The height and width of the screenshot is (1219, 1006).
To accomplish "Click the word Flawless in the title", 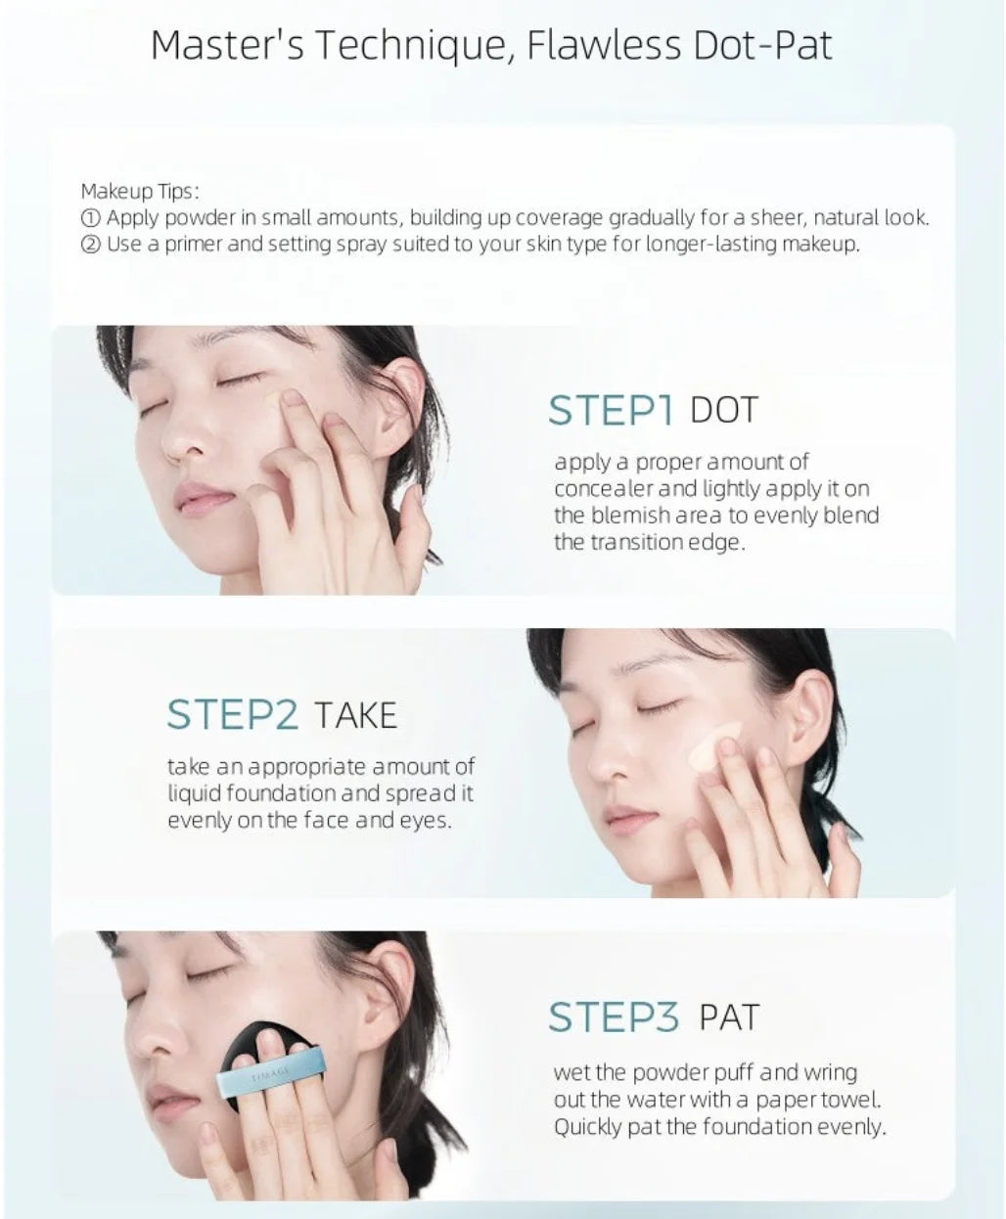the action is (x=604, y=46).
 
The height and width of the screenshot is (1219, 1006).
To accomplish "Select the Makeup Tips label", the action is (x=140, y=192).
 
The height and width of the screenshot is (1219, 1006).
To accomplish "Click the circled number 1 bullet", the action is (x=90, y=218).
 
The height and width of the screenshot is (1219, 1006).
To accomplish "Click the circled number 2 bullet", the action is (x=90, y=245).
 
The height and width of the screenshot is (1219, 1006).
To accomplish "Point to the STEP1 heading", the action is (x=611, y=410).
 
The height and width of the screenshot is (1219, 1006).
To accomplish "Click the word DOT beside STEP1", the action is (x=724, y=410).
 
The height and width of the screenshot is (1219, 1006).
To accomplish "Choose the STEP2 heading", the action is (x=233, y=714).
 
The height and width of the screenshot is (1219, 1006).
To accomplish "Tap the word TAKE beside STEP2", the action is (x=356, y=715).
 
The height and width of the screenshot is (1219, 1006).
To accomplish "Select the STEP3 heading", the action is (x=615, y=1017).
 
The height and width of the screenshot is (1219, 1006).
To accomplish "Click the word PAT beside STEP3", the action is (x=729, y=1017).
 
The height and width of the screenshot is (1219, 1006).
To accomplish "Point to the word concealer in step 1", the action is (x=604, y=488).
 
